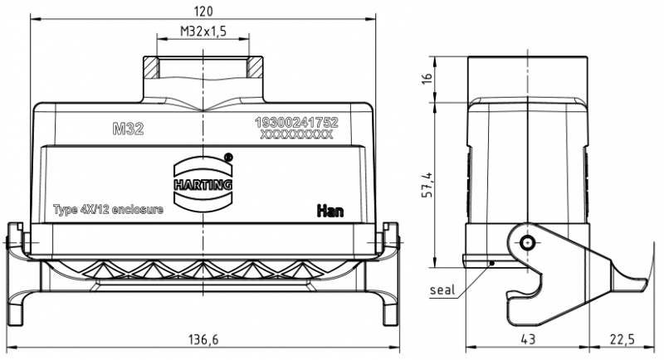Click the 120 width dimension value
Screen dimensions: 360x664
click(203, 11)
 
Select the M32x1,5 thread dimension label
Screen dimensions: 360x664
click(203, 32)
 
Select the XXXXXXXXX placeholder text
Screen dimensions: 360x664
click(296, 134)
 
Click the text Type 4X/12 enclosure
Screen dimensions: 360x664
click(108, 209)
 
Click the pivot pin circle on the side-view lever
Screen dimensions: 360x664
click(528, 243)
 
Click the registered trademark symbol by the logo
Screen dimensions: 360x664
click(229, 155)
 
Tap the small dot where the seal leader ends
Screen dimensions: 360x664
click(491, 263)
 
